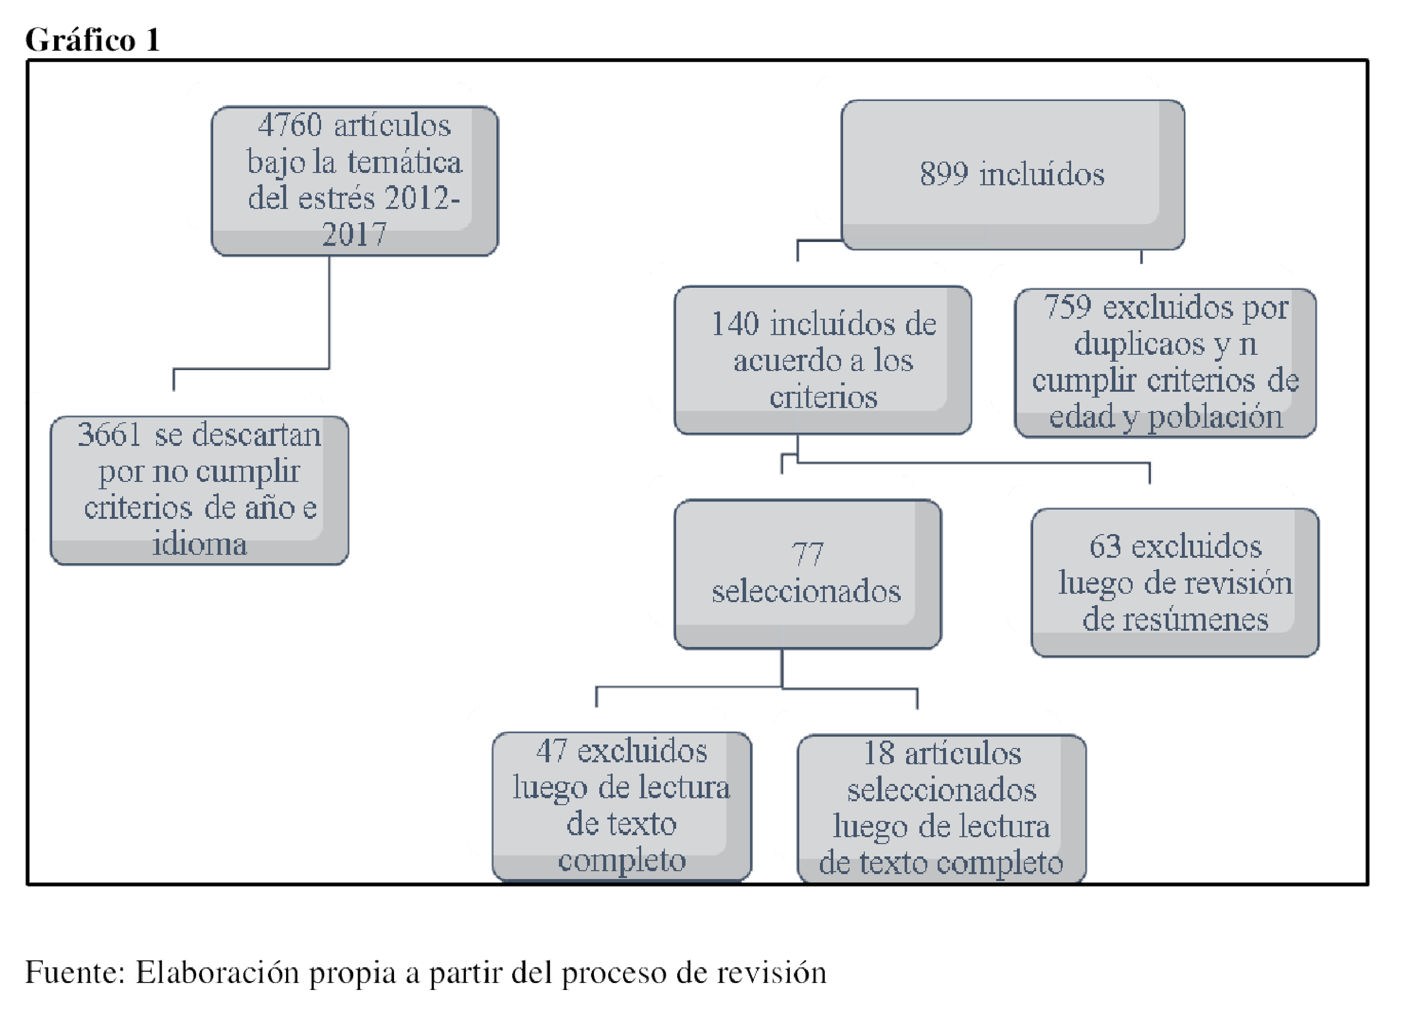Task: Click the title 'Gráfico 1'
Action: [x=93, y=40]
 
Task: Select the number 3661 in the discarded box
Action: [x=109, y=435]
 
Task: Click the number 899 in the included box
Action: [x=944, y=174]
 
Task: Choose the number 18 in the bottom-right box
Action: [x=880, y=753]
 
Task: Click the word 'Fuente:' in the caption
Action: [x=75, y=972]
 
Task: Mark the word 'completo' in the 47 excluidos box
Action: [x=622, y=861]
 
